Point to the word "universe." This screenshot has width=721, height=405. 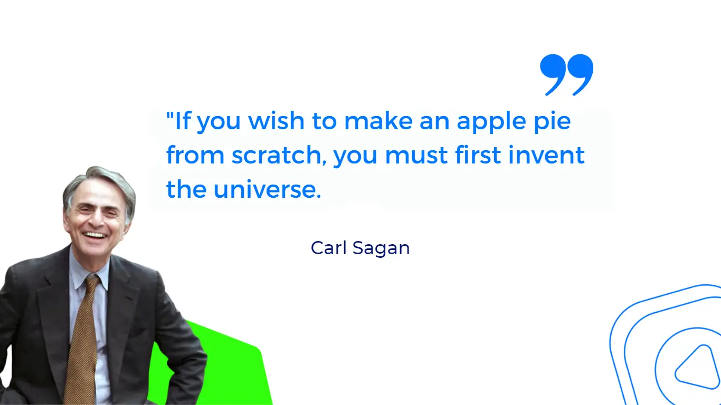pyautogui.click(x=267, y=190)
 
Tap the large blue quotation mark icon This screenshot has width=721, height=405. pyautogui.click(x=566, y=74)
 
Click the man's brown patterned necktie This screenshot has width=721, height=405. pyautogui.click(x=83, y=337)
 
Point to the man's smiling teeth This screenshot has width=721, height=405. pyautogui.click(x=95, y=234)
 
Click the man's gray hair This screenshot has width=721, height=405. pyautogui.click(x=100, y=179)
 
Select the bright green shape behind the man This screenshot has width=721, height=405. pyautogui.click(x=232, y=369)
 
